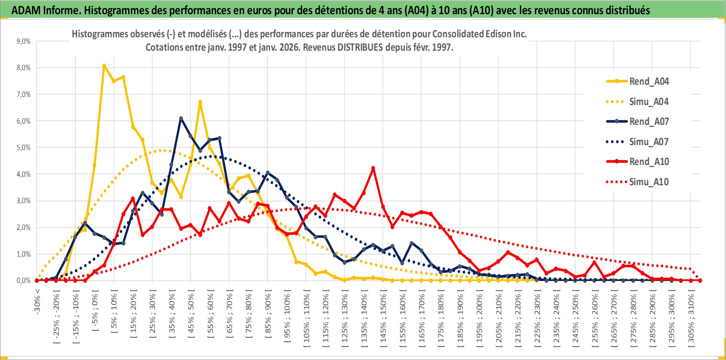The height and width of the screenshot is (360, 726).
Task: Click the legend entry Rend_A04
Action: pos(649,81)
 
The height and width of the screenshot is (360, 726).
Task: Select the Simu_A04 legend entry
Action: pos(649,102)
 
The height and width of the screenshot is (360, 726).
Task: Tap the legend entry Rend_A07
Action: pos(649,122)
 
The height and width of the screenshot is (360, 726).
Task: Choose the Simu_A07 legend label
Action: pos(649,142)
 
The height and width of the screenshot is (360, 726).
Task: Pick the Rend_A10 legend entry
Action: pos(649,162)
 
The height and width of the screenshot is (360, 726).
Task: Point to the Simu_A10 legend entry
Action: pos(649,182)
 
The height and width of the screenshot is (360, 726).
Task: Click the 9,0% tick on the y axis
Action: pos(23,41)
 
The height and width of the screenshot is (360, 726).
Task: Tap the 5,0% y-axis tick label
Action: pos(23,148)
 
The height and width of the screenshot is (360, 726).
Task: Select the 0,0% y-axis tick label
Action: pos(23,281)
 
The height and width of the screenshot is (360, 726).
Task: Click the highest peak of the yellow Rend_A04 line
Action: pos(104,65)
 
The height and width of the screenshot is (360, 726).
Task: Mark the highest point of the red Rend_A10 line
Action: pos(373,168)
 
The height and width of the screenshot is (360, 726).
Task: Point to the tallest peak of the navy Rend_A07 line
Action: pos(181,118)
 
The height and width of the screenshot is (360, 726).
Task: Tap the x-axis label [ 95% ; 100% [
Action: pos(287,316)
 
